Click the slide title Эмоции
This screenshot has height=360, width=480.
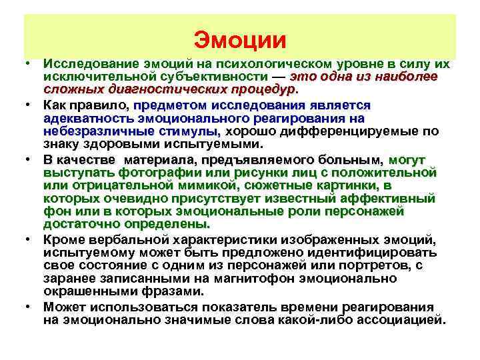pos(240,39)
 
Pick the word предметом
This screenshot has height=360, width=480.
pos(169,105)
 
